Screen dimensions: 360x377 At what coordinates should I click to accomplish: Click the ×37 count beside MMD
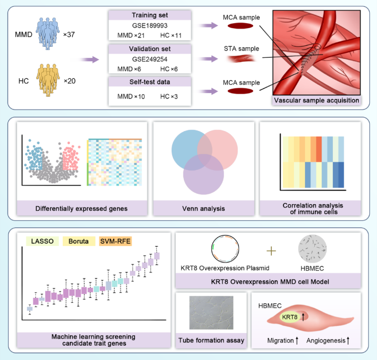tap(70, 34)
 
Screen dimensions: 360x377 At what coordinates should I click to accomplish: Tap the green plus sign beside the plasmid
tap(270, 251)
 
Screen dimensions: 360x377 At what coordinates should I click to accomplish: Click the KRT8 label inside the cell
tap(291, 317)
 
